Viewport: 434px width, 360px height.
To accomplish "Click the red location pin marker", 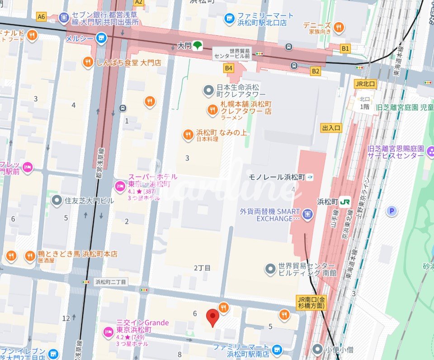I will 212,317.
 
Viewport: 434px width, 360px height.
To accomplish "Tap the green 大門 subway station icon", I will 198,45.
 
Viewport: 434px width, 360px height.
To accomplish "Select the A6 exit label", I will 42,17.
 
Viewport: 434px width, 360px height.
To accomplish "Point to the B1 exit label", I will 345,47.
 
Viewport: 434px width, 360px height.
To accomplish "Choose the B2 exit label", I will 316,71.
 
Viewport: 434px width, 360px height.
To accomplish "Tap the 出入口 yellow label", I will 331,128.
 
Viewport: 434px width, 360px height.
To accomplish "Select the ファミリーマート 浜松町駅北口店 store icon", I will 230,19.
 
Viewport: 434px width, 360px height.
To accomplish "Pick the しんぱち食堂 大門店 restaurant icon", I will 88,62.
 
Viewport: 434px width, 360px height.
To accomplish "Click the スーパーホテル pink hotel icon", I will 120,185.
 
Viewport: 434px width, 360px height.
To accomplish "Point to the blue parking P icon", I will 392,210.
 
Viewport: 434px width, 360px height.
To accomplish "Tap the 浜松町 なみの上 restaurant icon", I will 188,134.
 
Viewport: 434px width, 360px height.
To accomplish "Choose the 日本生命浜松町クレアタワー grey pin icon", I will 208,91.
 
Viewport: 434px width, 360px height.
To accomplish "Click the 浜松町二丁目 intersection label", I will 110,282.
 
